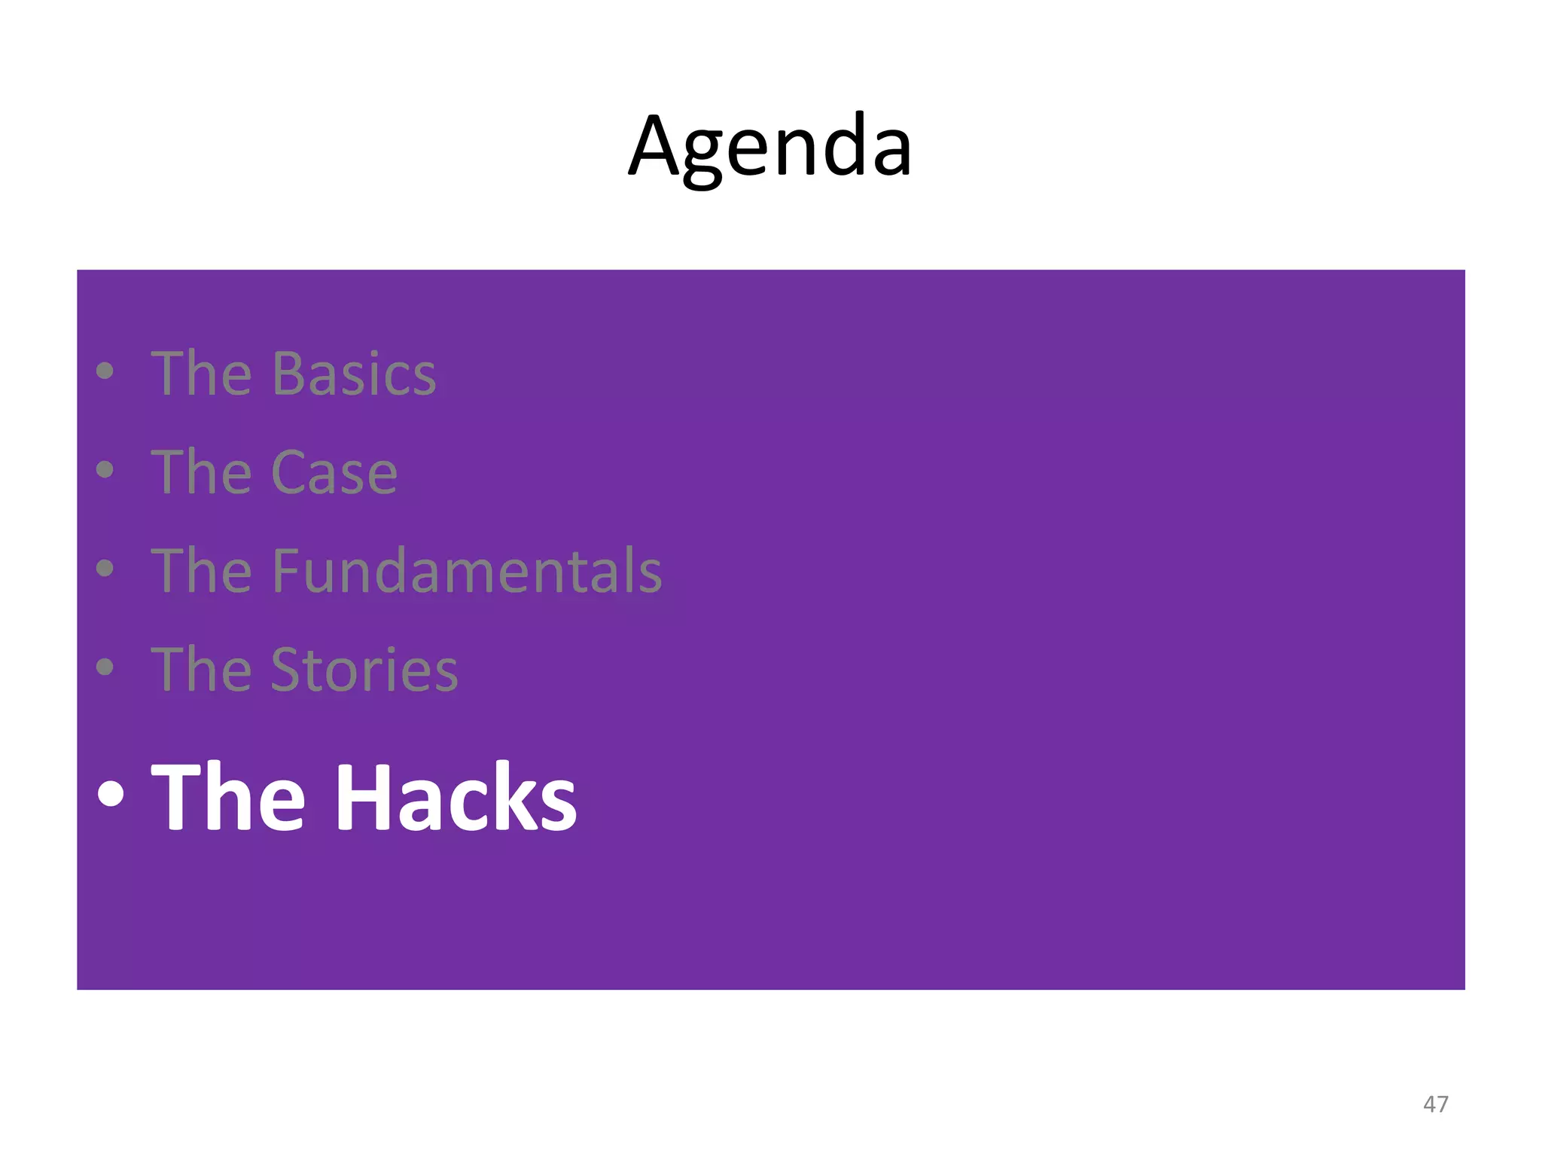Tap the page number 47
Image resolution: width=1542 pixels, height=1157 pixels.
point(1435,1104)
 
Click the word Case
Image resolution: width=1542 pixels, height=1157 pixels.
point(334,472)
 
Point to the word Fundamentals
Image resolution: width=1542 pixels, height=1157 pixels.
point(466,571)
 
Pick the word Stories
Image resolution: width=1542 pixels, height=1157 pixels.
point(364,670)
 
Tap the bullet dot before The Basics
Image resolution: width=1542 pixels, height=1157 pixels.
point(105,371)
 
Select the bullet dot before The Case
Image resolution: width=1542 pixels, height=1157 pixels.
point(105,469)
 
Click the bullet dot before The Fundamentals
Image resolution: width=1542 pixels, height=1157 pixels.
point(105,568)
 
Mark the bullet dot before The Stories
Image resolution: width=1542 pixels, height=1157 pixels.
point(105,667)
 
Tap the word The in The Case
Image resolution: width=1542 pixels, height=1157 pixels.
point(201,472)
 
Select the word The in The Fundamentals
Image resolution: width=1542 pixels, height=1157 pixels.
point(201,571)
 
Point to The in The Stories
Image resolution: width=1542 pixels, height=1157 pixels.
point(201,670)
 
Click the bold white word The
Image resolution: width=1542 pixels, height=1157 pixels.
point(228,796)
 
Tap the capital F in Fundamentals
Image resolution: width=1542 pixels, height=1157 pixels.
point(286,571)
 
